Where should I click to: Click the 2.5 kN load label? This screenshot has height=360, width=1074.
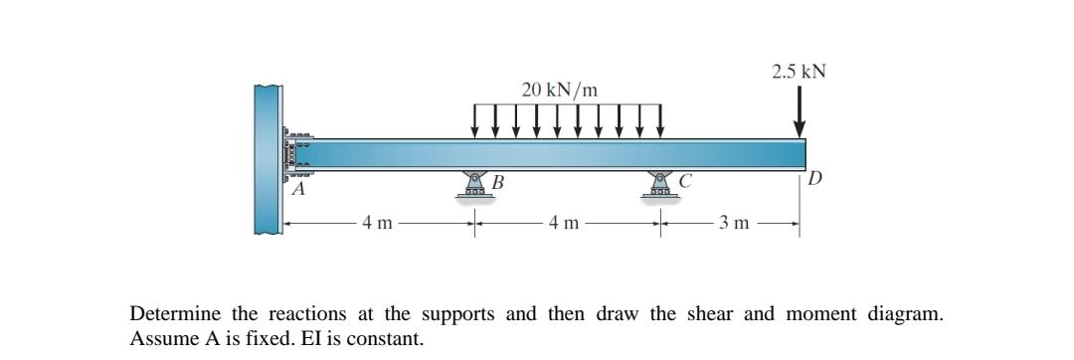800,72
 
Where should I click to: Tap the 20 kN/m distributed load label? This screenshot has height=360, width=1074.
560,90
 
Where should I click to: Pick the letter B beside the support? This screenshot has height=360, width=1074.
498,182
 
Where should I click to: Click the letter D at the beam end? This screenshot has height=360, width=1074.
815,179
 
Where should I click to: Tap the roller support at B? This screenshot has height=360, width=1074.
475,186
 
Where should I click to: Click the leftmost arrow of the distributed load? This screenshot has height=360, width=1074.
475,120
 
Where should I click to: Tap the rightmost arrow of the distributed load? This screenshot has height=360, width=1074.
660,120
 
